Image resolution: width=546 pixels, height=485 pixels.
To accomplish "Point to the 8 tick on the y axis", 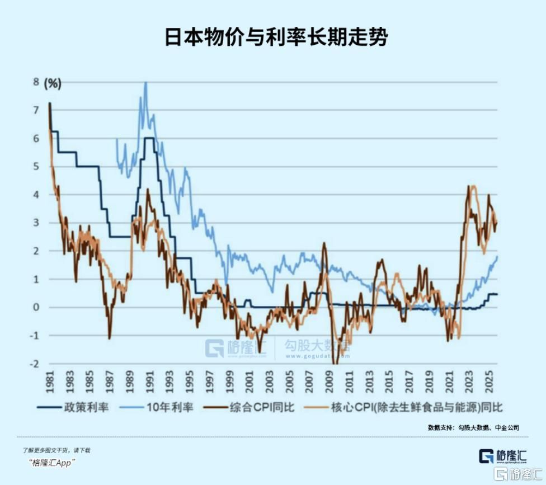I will pyautogui.click(x=36, y=82).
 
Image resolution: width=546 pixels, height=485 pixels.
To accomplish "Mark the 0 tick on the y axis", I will pyautogui.click(x=36, y=307).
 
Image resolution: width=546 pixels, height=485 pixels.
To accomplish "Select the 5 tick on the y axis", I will pyautogui.click(x=36, y=166).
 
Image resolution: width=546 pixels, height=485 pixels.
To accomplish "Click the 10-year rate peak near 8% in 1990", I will pyautogui.click(x=146, y=83).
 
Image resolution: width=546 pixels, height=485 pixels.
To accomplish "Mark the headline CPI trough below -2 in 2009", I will pyautogui.click(x=336, y=363).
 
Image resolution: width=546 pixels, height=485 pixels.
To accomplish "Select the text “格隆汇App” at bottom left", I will pyautogui.click(x=51, y=462).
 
